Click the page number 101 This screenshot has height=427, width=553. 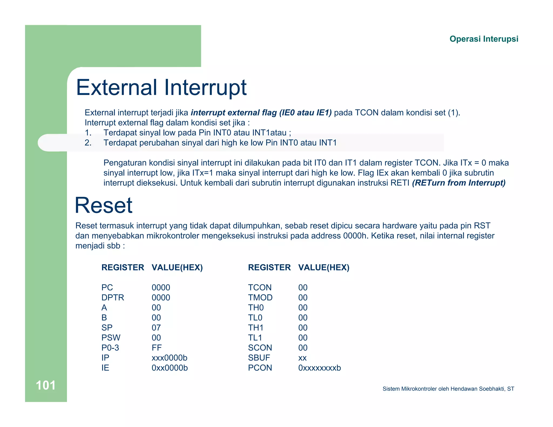click(x=46, y=385)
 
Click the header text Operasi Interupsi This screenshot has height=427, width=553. click(x=484, y=39)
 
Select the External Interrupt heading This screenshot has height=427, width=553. click(x=161, y=87)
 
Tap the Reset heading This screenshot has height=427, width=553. click(x=104, y=205)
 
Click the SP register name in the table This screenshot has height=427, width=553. click(x=107, y=328)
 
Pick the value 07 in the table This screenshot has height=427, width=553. click(x=156, y=328)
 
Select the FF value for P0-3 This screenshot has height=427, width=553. click(x=157, y=348)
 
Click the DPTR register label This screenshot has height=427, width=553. click(x=113, y=297)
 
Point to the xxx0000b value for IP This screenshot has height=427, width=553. click(x=169, y=358)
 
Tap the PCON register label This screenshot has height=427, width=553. click(x=260, y=368)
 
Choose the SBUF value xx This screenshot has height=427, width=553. click(x=302, y=358)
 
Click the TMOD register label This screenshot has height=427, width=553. click(x=260, y=297)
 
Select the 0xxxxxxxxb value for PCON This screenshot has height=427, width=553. click(x=319, y=368)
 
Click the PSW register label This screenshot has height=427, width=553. click(x=111, y=338)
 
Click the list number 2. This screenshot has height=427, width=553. click(x=88, y=143)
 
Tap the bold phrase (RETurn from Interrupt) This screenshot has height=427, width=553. click(x=458, y=183)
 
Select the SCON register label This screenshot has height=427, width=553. click(x=260, y=348)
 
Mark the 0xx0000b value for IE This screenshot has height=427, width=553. click(x=170, y=368)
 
